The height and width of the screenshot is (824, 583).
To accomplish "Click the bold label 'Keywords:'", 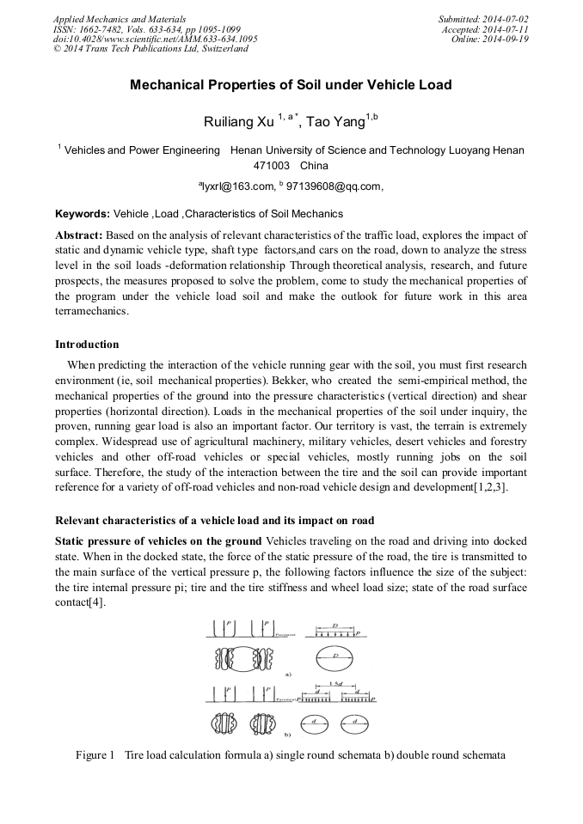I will click(x=83, y=214).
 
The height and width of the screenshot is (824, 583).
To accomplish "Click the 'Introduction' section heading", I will click(x=87, y=345).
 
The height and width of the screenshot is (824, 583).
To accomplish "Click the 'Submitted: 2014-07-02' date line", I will click(x=483, y=18).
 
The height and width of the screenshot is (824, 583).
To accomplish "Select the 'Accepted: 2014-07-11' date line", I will click(x=486, y=28).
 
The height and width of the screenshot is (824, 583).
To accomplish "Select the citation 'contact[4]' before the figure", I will click(x=80, y=601).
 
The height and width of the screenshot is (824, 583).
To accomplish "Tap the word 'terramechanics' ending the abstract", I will click(x=91, y=312).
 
